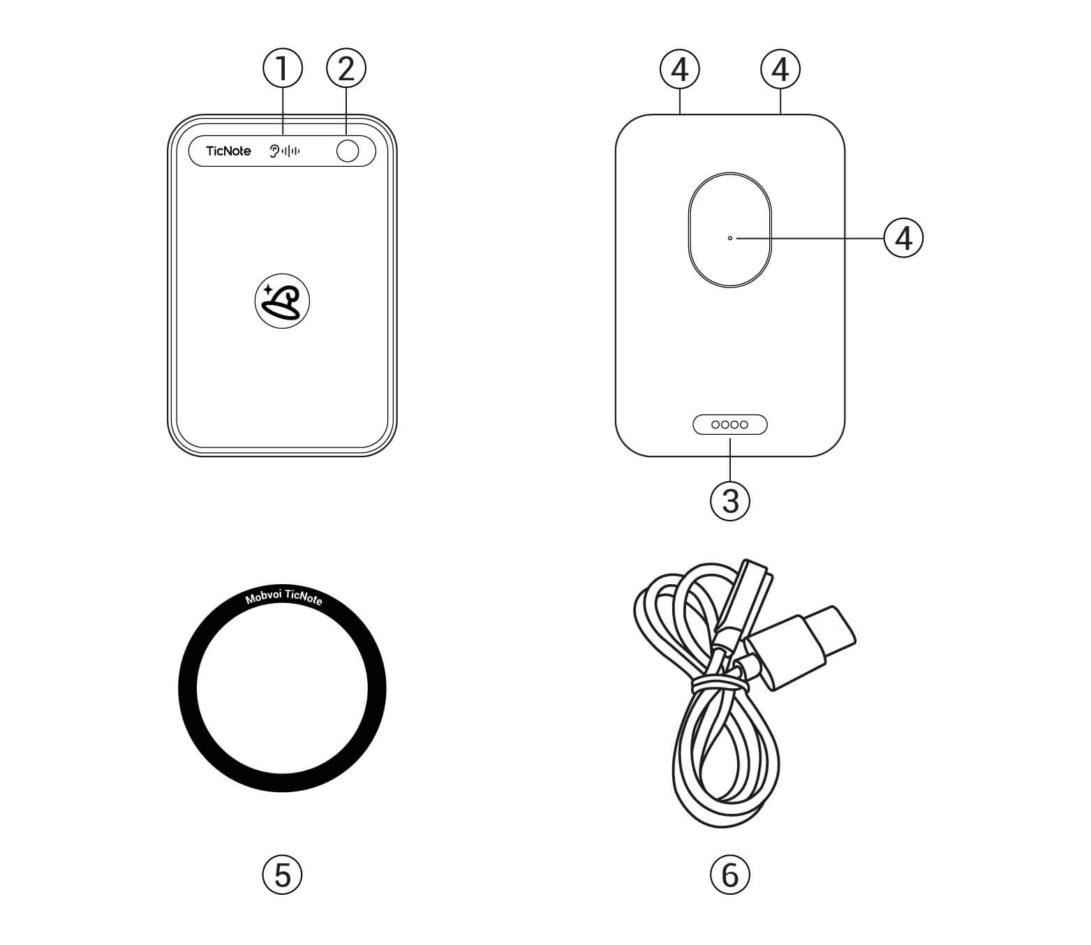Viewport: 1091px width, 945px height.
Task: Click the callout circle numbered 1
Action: [x=283, y=68]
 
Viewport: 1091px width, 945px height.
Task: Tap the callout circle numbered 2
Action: [x=346, y=68]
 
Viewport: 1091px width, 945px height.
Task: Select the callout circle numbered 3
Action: [x=730, y=500]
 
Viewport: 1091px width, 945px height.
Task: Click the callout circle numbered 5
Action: [x=283, y=875]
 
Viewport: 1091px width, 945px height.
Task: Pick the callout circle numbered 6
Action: [x=730, y=875]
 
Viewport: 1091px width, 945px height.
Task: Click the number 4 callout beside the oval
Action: [x=904, y=238]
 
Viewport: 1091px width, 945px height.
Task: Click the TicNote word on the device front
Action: [x=228, y=151]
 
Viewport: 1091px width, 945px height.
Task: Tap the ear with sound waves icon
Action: [x=285, y=151]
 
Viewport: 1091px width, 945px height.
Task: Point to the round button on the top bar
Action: [x=348, y=151]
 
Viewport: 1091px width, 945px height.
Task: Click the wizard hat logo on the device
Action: [x=283, y=302]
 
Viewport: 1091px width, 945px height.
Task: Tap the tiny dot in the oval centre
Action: [x=730, y=238]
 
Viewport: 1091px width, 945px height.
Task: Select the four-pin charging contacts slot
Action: [x=730, y=424]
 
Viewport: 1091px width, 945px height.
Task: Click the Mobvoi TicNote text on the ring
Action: [x=284, y=597]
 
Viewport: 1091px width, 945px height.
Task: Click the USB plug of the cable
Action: [x=802, y=648]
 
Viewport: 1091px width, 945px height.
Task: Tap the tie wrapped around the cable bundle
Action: [x=720, y=683]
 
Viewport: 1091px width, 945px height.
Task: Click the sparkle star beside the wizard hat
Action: [x=268, y=290]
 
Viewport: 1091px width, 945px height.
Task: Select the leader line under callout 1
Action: [x=283, y=112]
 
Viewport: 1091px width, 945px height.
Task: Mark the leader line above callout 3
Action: [x=730, y=459]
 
